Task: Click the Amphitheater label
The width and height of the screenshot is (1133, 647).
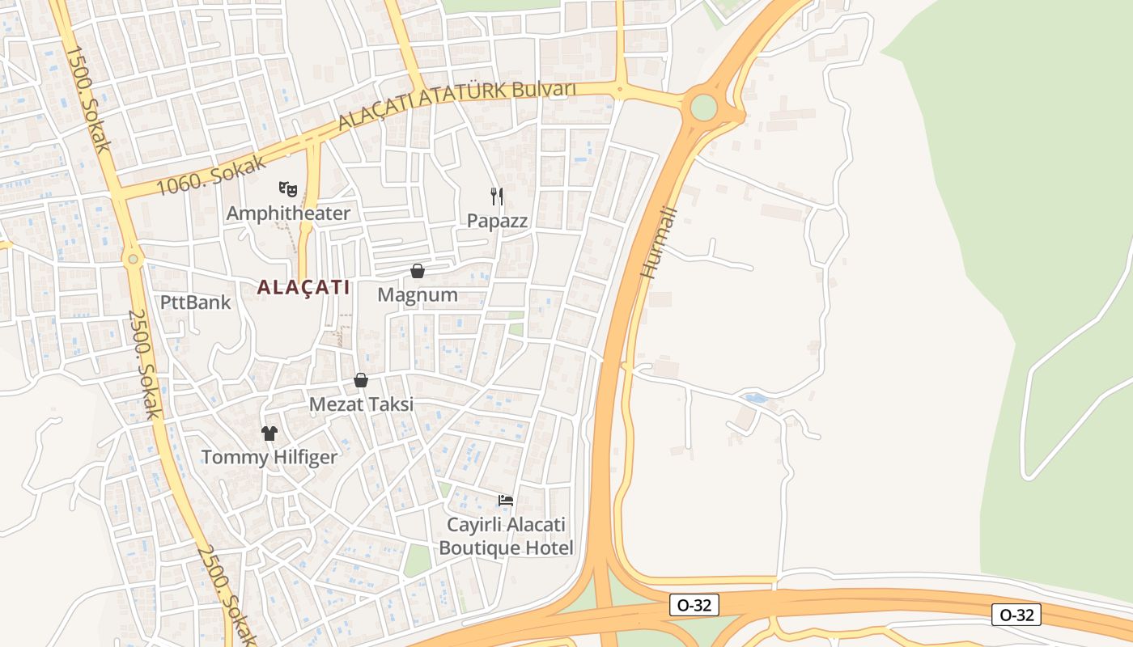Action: coord(288,214)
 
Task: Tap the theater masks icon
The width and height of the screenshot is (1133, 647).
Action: coord(287,189)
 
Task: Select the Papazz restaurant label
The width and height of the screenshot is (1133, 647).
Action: coord(497,221)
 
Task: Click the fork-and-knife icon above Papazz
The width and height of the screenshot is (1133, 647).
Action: coord(497,197)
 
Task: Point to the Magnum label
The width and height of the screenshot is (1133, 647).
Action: coord(418,295)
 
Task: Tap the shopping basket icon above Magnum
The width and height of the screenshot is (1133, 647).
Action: coord(418,271)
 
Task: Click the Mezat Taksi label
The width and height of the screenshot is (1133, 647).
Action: coord(361,404)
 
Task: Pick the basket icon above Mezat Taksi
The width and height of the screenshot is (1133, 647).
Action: coord(361,380)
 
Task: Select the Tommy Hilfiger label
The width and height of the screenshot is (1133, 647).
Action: coord(269,458)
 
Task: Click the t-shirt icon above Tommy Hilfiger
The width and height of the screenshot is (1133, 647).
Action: coord(269,433)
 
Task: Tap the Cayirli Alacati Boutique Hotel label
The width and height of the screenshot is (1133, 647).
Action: coord(506,536)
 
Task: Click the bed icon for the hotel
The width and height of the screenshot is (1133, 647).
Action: coord(506,500)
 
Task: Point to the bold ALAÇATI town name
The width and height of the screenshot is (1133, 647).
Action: coord(303,287)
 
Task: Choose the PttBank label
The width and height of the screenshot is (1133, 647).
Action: coord(195,303)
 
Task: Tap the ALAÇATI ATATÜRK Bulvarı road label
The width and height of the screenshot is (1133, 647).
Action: coord(456,104)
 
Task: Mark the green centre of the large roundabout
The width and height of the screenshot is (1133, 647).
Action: coord(704,107)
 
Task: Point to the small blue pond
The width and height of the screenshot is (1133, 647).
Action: coord(754,399)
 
